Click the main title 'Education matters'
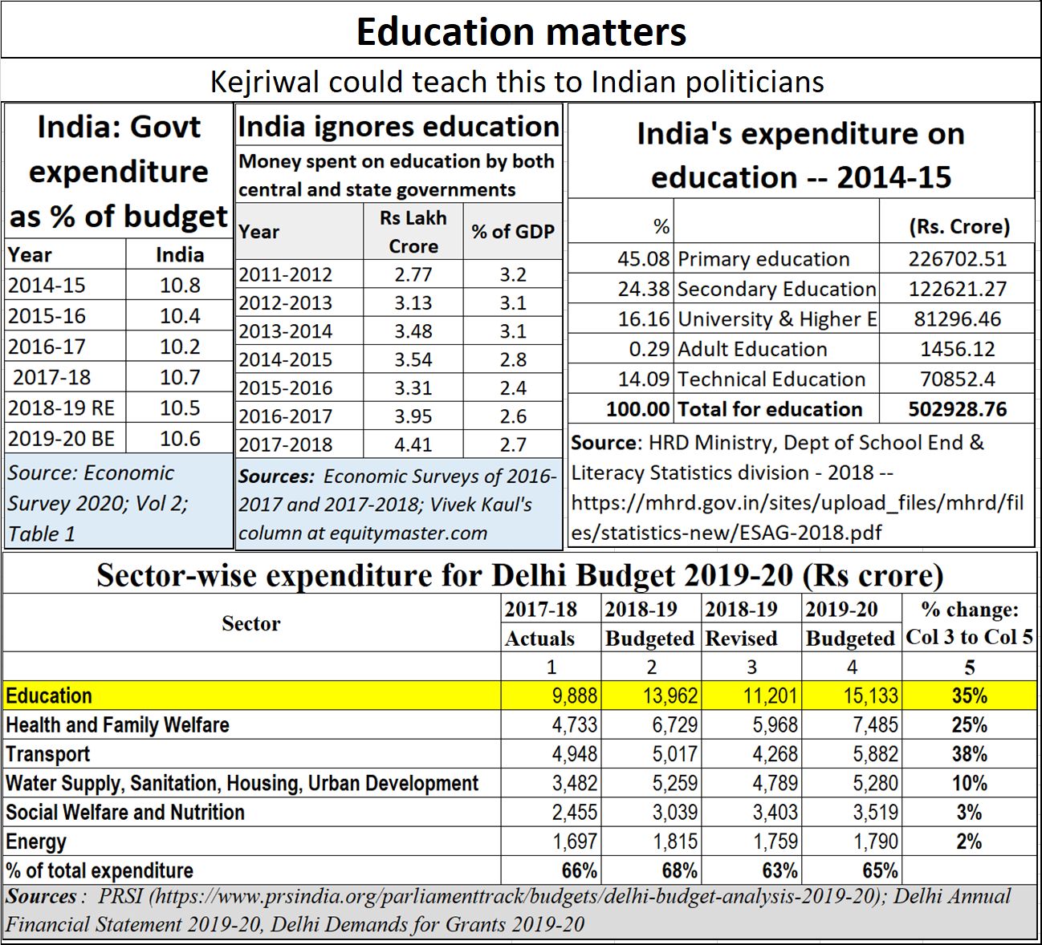point(521,32)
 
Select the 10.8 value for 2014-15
point(180,286)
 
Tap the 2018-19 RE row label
point(62,408)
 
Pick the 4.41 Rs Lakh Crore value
point(413,444)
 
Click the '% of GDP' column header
point(513,232)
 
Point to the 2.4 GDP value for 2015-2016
point(513,388)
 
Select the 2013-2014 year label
point(286,331)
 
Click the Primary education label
point(763,259)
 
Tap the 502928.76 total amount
point(958,409)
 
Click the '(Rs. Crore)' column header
point(959,227)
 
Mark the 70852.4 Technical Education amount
point(958,379)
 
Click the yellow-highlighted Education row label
point(49,696)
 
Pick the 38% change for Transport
point(969,754)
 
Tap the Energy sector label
point(36,842)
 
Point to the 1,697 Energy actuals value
point(575,842)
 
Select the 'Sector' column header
point(251,623)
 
